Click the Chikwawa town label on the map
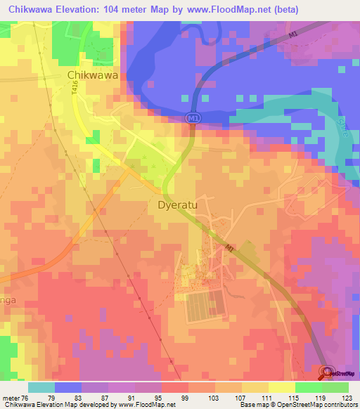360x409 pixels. pos(91,74)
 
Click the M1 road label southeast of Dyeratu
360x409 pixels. pos(230,248)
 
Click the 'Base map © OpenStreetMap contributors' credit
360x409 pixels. pos(295,405)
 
